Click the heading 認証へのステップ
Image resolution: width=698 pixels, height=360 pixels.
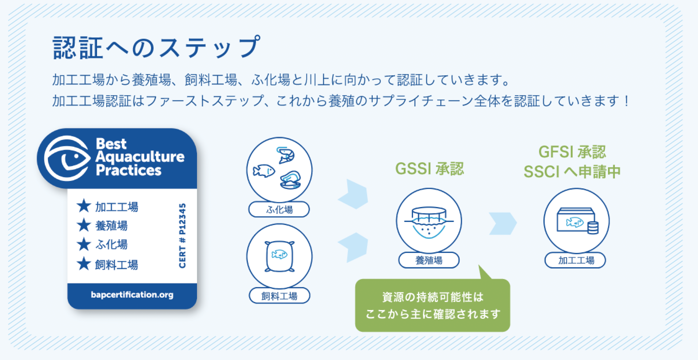pos(156,47)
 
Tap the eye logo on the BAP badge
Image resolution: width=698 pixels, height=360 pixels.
pos(67,158)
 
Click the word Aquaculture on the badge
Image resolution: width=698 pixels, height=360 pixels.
pos(140,157)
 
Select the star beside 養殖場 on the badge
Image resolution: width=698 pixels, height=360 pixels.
pos(84,225)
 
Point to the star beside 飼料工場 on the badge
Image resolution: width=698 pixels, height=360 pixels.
pos(84,264)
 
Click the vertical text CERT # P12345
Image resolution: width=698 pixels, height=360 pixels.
pos(182,235)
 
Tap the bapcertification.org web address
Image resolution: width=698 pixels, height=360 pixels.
pos(132,295)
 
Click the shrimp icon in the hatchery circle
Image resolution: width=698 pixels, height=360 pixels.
pos(286,155)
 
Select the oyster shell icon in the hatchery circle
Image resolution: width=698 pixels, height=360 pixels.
pos(290,180)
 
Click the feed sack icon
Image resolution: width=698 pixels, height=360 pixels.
pos(279,256)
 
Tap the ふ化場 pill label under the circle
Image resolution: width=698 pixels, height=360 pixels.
pos(279,210)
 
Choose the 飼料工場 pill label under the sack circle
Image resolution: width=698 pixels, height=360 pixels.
pos(279,296)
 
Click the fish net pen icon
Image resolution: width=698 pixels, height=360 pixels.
pos(429,222)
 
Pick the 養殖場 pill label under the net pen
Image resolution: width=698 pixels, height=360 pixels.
pos(429,260)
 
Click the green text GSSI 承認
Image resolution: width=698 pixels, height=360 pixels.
pos(429,169)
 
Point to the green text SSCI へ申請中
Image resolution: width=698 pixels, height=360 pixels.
pos(572,172)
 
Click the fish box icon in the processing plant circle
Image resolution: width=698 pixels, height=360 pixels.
pos(576,221)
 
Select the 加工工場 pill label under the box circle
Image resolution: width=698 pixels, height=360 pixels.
pos(575,260)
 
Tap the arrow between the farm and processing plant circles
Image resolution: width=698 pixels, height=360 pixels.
pos(503,223)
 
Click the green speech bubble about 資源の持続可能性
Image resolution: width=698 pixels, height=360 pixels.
pos(432,305)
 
